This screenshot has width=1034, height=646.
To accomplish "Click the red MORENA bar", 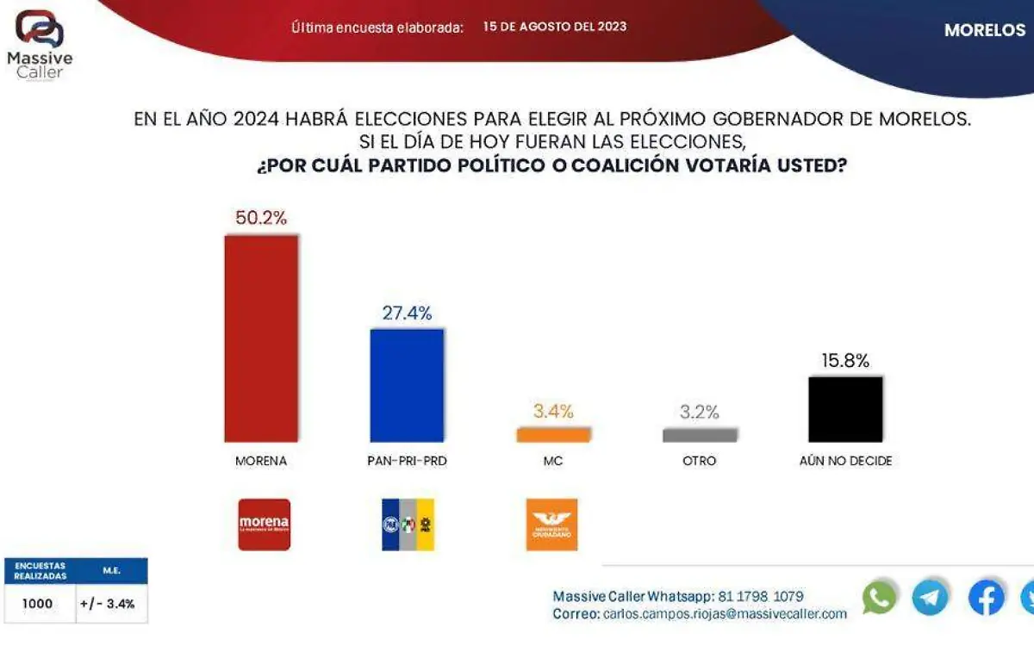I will pos(261,339).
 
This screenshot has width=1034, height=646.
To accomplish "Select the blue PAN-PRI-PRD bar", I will pos(407,385).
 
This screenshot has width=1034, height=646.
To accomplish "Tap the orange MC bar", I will pos(553,435).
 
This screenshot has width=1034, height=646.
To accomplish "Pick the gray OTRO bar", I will pos(700,435).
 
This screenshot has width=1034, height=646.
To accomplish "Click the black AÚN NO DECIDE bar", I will pos(845,409).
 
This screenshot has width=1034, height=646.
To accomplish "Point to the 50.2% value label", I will pos(261,218).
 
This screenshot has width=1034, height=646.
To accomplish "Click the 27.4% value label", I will pos(407,313).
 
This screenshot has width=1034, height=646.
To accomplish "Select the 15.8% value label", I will pos(845,360).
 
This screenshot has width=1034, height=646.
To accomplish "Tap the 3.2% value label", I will pos(700,412).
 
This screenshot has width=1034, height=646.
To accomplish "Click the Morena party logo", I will pos(264,525).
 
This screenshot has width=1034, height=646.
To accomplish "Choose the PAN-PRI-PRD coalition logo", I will pos(408,525).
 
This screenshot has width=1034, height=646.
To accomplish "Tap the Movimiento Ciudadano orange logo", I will pos(551,525).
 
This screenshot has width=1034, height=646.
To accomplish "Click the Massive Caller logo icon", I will pos(40,28).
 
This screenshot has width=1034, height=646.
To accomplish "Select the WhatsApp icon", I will pos(879,598).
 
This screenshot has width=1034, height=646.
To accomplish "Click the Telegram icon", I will pos(931,598).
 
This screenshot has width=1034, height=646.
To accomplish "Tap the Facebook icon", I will pos(986,598).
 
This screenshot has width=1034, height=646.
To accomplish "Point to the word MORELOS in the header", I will pos(984,30).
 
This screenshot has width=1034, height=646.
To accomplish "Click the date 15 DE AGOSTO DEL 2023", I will pos(555,27).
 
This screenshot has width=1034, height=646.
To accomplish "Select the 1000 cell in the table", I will pos(37,604).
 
